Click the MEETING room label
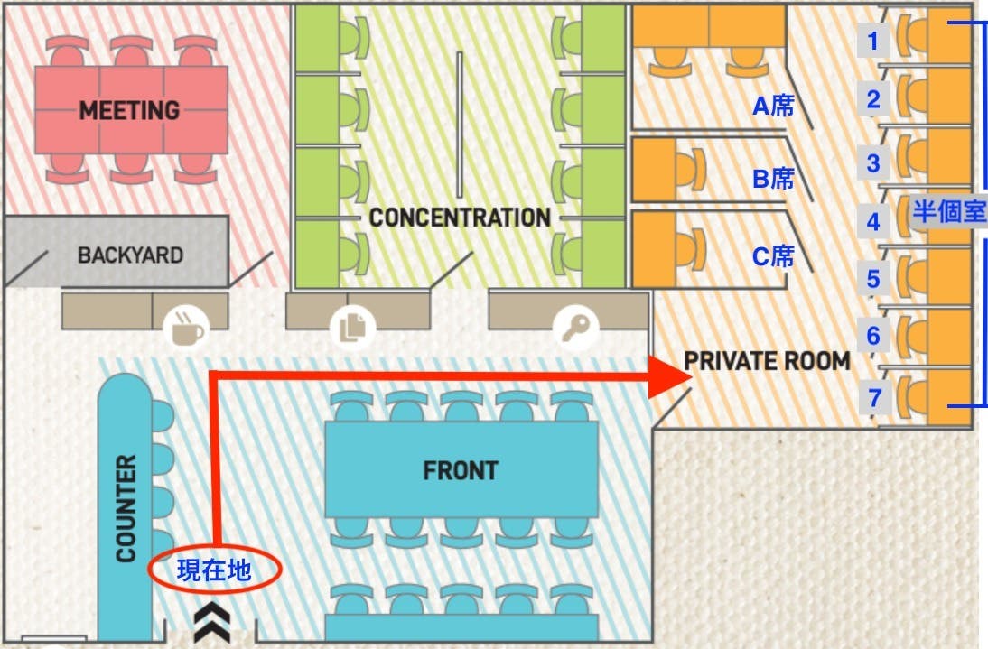click(x=130, y=110)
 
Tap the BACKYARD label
click(x=130, y=255)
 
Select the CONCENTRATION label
click(x=460, y=218)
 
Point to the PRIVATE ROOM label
click(x=767, y=361)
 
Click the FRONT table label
click(x=461, y=470)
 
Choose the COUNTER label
click(x=126, y=507)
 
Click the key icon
click(x=574, y=327)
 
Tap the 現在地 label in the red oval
click(x=214, y=570)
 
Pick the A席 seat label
click(x=773, y=107)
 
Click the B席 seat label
click(x=773, y=179)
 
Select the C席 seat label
click(x=773, y=256)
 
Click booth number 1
click(x=872, y=41)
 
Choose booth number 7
click(x=872, y=394)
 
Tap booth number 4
click(x=872, y=221)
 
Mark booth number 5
click(x=872, y=279)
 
